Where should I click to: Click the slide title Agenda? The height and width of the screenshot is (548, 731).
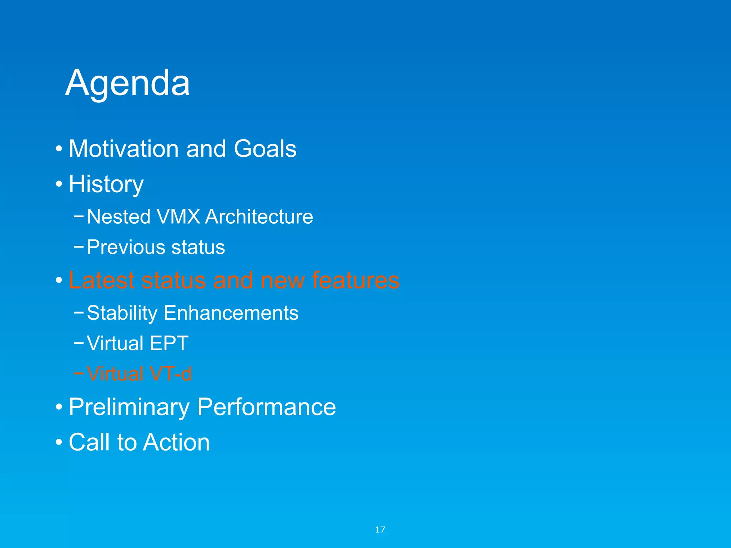click(127, 83)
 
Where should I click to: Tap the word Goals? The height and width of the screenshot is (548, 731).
click(265, 148)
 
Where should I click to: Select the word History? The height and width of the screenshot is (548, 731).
click(106, 184)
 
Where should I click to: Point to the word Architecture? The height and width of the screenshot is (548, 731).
click(259, 217)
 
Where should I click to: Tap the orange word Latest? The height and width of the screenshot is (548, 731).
click(101, 280)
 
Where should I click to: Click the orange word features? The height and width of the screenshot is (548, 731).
click(356, 280)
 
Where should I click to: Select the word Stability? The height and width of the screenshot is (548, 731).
click(122, 313)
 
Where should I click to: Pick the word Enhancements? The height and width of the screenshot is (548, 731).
click(231, 313)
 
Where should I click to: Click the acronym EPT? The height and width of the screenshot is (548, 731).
click(169, 343)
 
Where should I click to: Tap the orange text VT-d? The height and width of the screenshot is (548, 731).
click(171, 374)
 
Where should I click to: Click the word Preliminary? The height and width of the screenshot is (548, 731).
click(129, 407)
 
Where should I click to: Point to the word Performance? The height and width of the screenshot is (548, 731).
click(266, 407)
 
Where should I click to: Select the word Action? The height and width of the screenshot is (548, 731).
click(177, 442)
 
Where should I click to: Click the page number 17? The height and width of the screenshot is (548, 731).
click(380, 529)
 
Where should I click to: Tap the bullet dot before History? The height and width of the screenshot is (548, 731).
click(59, 184)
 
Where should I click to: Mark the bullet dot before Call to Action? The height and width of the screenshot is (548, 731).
click(59, 442)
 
